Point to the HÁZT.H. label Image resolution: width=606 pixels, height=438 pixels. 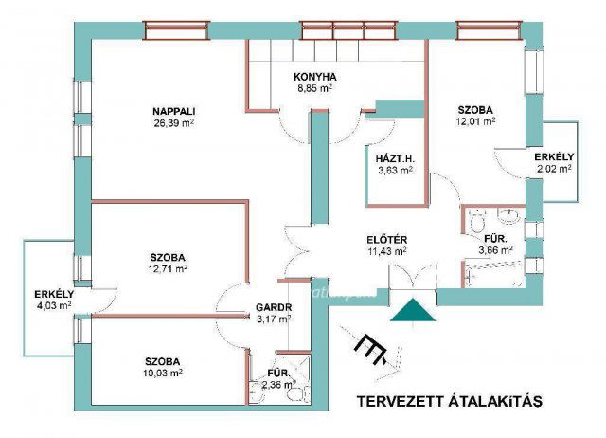[391, 158]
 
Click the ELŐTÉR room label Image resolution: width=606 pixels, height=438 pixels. [387, 239]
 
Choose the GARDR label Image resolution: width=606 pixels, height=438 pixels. [273, 307]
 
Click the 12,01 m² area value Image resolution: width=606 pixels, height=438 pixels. [476, 121]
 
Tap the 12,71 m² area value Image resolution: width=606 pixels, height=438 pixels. [167, 269]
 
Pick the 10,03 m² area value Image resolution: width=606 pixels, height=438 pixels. [163, 373]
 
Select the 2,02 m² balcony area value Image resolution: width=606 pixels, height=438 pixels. [552, 169]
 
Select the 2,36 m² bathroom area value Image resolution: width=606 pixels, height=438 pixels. [277, 385]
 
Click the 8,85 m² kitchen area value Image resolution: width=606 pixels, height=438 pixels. [316, 90]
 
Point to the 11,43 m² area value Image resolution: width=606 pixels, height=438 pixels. [387, 251]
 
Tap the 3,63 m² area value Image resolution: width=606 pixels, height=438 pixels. [393, 171]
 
